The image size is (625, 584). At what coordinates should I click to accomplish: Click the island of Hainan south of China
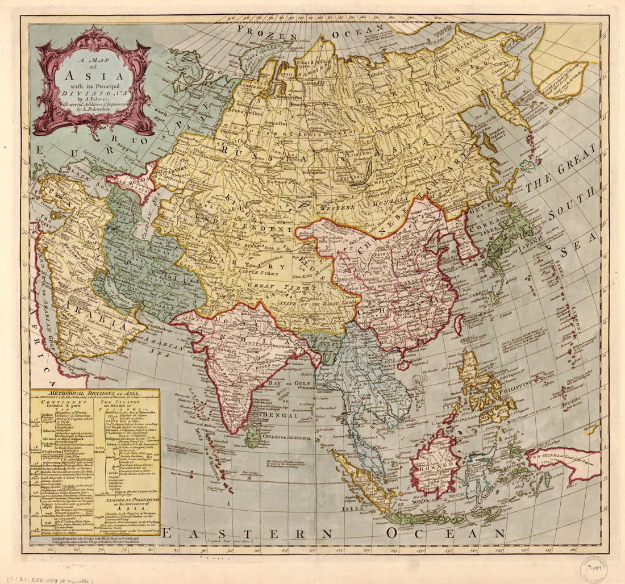pyautogui.click(x=405, y=365)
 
